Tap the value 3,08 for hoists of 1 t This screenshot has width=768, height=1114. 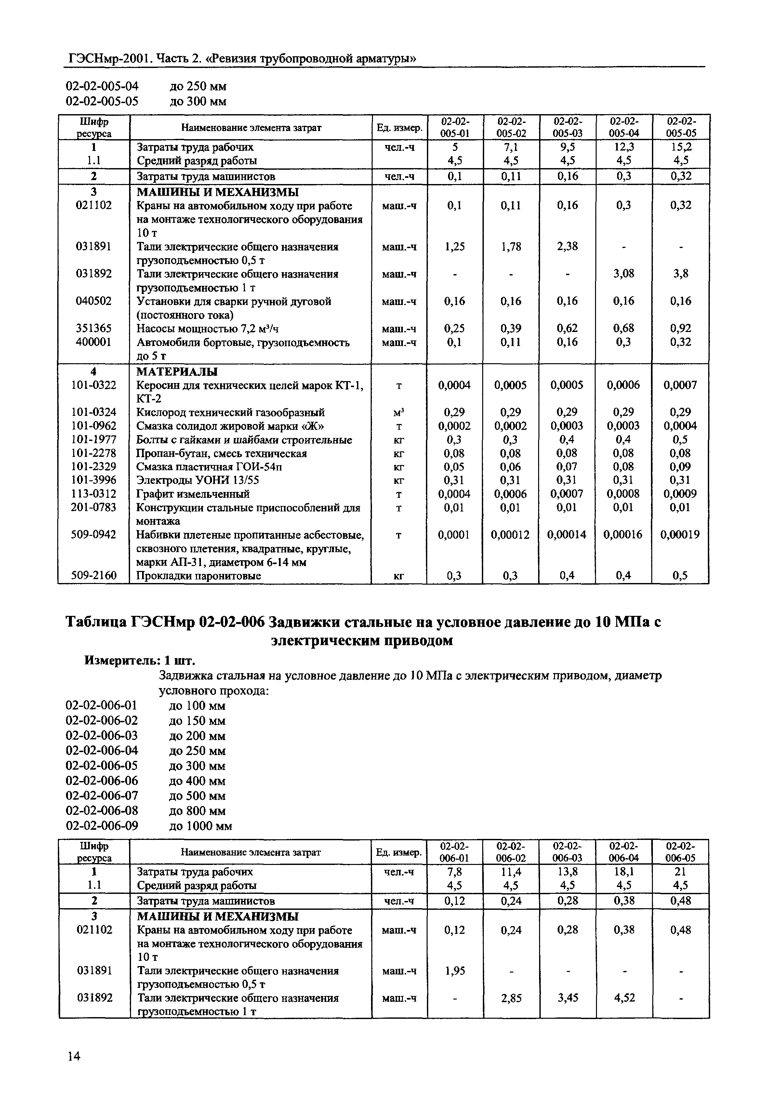tap(624, 274)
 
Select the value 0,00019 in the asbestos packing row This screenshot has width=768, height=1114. tap(680, 535)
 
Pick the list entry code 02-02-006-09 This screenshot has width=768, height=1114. tap(101, 826)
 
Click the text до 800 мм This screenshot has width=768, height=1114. tap(197, 811)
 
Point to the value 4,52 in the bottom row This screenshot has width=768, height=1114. tap(624, 998)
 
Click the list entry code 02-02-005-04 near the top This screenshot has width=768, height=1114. tap(101, 86)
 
